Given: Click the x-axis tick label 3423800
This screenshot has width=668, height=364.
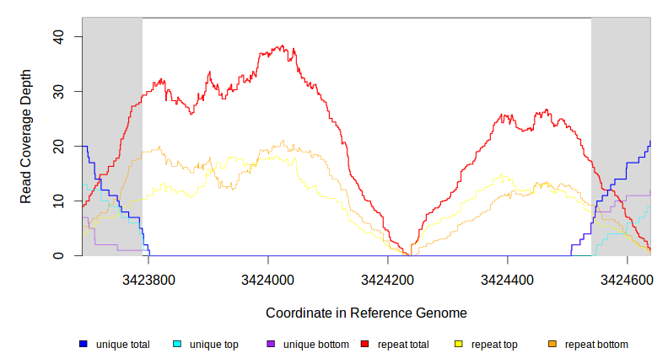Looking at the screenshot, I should [148, 279].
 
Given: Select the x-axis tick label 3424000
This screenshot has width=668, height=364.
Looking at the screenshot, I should [268, 279].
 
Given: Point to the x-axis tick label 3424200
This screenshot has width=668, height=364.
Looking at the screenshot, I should [387, 279].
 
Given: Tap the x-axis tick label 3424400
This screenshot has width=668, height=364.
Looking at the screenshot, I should [507, 279].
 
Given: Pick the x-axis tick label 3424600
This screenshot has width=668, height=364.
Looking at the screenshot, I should [627, 279].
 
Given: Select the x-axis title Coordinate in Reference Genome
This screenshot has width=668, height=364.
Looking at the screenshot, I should [366, 313].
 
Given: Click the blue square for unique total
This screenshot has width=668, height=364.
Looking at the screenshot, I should [83, 345].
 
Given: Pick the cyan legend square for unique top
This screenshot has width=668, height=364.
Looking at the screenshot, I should [177, 345].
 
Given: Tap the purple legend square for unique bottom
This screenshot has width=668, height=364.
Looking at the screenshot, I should [271, 345].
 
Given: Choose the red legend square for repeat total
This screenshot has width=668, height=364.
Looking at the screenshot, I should [365, 345].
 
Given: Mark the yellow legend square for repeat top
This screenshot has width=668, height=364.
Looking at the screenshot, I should [459, 345].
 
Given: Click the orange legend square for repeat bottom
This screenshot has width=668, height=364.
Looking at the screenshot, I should [552, 345].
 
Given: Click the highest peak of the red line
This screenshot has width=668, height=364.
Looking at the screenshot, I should [282, 47].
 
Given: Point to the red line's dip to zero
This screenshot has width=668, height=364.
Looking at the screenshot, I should [409, 254].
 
